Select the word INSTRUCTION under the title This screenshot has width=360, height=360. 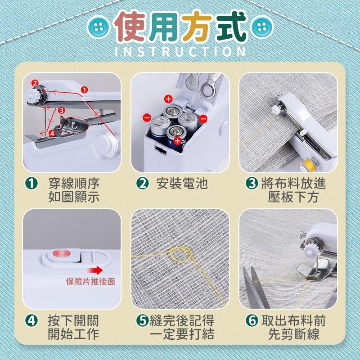[x=180, y=51]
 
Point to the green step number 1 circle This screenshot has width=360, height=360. [x=31, y=184]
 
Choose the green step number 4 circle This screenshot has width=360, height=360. [x=31, y=321]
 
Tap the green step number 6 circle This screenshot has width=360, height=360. [x=252, y=321]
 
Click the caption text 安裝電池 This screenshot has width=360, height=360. [x=182, y=184]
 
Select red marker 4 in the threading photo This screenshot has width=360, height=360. [x=52, y=133]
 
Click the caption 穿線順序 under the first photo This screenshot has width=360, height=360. [x=74, y=184]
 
